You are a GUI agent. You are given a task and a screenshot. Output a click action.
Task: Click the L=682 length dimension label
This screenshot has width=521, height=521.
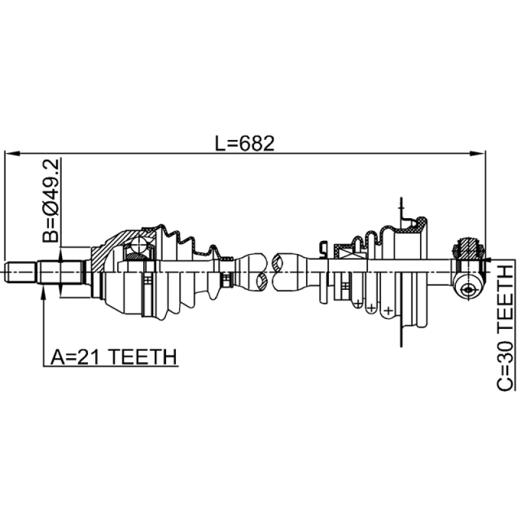click(245, 143)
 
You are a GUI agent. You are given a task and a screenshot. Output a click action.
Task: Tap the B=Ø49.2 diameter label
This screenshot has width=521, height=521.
click(51, 201)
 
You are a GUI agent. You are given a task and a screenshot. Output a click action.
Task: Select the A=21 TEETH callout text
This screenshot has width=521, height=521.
click(113, 357)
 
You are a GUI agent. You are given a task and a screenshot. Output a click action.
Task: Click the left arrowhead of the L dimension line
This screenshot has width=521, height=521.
click(12, 153)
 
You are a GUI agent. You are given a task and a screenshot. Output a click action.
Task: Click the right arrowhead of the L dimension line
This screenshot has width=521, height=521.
click(477, 153)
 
